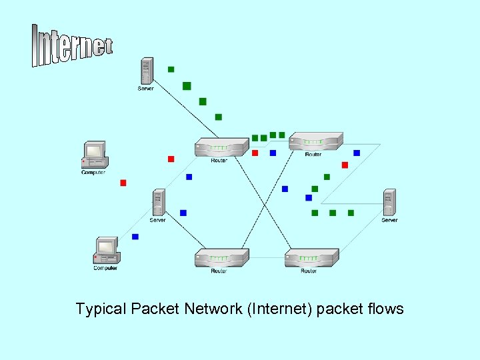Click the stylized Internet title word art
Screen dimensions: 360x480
point(71,45)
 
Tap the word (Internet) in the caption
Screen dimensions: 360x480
point(280,309)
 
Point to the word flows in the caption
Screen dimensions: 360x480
point(385,309)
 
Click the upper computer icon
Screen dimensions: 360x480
point(93,155)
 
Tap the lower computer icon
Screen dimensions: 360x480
point(106,251)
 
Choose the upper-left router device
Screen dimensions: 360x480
point(221,148)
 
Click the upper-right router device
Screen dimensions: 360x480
point(315,141)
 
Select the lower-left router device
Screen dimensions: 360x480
point(221,258)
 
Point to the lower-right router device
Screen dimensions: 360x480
point(311,258)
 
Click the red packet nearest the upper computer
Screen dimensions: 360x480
point(123,183)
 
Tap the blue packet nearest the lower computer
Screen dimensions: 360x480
point(135,237)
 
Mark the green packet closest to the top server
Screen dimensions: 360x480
point(171,69)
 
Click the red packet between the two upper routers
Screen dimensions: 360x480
point(255,153)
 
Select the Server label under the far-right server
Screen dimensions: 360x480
point(389,220)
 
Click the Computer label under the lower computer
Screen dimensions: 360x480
point(105,268)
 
